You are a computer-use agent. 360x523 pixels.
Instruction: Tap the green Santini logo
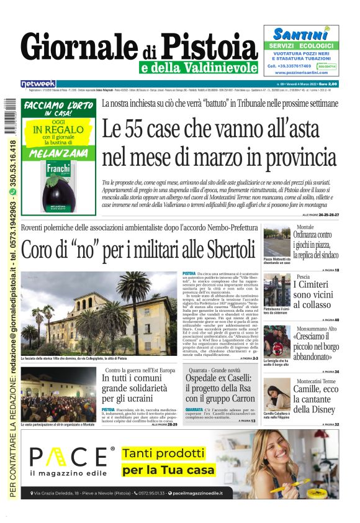click(300, 34)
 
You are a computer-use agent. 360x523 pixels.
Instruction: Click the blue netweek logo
click(38, 84)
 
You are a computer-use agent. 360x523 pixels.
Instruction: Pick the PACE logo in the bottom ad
click(72, 458)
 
